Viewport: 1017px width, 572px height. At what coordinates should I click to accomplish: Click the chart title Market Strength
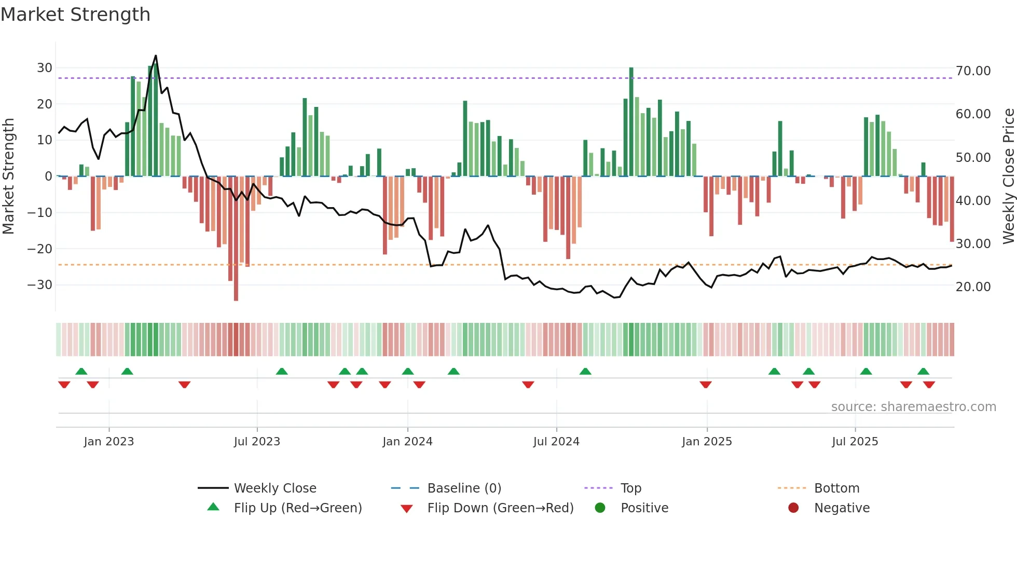pos(75,15)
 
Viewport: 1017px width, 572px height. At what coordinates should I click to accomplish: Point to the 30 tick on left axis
pos(45,68)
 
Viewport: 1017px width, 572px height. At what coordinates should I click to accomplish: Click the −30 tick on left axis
pos(40,285)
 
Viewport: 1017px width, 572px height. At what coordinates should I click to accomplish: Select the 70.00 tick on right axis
pos(973,71)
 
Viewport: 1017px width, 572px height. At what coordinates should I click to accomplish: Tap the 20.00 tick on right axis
pos(973,287)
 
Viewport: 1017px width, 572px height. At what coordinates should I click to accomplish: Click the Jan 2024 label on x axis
pos(407,442)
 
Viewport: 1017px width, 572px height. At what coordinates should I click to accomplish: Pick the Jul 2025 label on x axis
pos(855,442)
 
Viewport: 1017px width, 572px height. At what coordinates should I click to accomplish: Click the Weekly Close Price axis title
pos(1008,176)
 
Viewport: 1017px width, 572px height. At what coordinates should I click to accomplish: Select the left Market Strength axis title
pos(8,176)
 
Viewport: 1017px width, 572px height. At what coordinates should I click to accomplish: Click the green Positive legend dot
pos(600,508)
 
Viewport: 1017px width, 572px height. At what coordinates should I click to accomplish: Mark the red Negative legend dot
pos(793,508)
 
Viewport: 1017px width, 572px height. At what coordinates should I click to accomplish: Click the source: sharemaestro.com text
pos(913,407)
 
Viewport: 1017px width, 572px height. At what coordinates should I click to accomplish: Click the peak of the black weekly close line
pos(156,56)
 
